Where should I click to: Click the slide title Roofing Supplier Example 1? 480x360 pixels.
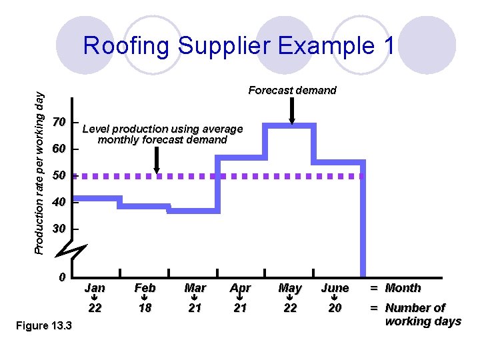[239, 46]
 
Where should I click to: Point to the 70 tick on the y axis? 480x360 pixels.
[59, 123]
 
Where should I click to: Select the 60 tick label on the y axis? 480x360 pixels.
[59, 149]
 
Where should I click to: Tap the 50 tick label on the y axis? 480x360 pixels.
[59, 176]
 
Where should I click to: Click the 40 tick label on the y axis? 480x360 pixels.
[59, 202]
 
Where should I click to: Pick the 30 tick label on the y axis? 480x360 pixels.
[59, 229]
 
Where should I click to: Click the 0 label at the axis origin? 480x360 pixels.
[61, 277]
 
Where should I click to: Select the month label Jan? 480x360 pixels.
[95, 288]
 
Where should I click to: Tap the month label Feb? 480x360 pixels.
[145, 288]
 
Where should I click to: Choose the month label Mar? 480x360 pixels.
[195, 288]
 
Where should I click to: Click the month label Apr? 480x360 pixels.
[240, 288]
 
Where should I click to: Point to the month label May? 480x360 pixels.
[290, 288]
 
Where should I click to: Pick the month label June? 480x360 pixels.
[335, 288]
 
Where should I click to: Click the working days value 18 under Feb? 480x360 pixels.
[145, 308]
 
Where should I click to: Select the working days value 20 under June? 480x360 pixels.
[335, 308]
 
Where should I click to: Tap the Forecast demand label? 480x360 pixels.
[292, 90]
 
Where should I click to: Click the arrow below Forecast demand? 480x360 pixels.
[292, 111]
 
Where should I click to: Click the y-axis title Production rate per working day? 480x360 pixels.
[40, 173]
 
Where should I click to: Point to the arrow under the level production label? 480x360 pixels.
[157, 161]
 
